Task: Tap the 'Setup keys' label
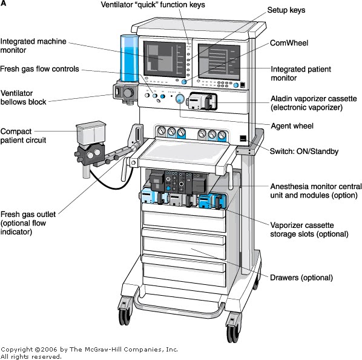tap(287, 10)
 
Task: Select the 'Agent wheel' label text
tap(292, 126)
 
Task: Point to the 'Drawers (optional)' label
tap(301, 278)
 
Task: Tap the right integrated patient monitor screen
tap(219, 61)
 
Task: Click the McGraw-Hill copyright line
tap(89, 350)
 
